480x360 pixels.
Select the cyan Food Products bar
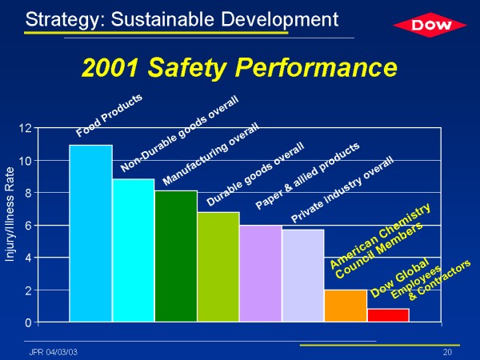[x=90, y=234]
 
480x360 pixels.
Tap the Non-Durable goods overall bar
[x=133, y=250]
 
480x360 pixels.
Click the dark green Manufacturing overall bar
[x=175, y=256]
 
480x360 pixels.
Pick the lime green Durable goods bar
[x=218, y=267]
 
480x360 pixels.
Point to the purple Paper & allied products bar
[x=260, y=274]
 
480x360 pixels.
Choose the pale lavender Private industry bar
[x=302, y=275]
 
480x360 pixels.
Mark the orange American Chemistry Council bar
[x=345, y=306]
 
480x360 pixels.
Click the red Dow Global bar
[x=387, y=315]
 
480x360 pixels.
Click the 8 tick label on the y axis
[x=27, y=193]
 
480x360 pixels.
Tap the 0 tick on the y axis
[x=27, y=322]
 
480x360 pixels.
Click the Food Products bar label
[x=110, y=114]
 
